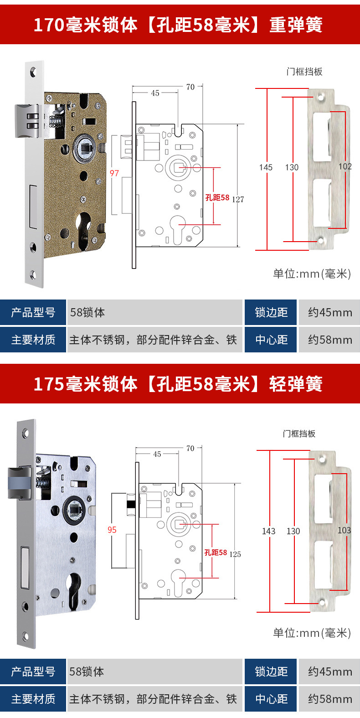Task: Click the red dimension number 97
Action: (x=114, y=173)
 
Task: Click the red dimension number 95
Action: (x=112, y=530)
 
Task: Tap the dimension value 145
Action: (x=266, y=167)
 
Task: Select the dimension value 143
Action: (x=268, y=531)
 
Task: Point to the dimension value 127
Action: (x=238, y=199)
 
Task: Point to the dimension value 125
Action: (x=235, y=554)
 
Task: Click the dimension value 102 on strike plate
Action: (x=345, y=166)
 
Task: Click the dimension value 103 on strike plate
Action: (x=344, y=530)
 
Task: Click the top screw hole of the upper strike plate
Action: (x=320, y=97)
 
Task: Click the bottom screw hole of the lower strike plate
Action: (x=323, y=603)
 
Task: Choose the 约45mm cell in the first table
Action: (x=329, y=312)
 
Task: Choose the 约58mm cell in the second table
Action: (x=329, y=699)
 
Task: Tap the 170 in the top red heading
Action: (x=49, y=25)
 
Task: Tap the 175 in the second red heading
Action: (x=49, y=384)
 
